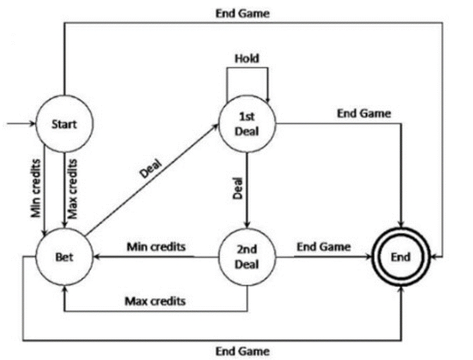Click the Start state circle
[x=64, y=124]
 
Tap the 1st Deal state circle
[x=247, y=124]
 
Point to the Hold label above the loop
[x=247, y=58]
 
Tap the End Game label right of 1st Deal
[x=364, y=113]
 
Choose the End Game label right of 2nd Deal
[x=324, y=246]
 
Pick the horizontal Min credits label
[x=155, y=247]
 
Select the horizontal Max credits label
[x=155, y=300]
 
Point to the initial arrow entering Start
[x=20, y=124]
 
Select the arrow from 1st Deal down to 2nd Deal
[x=247, y=189]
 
